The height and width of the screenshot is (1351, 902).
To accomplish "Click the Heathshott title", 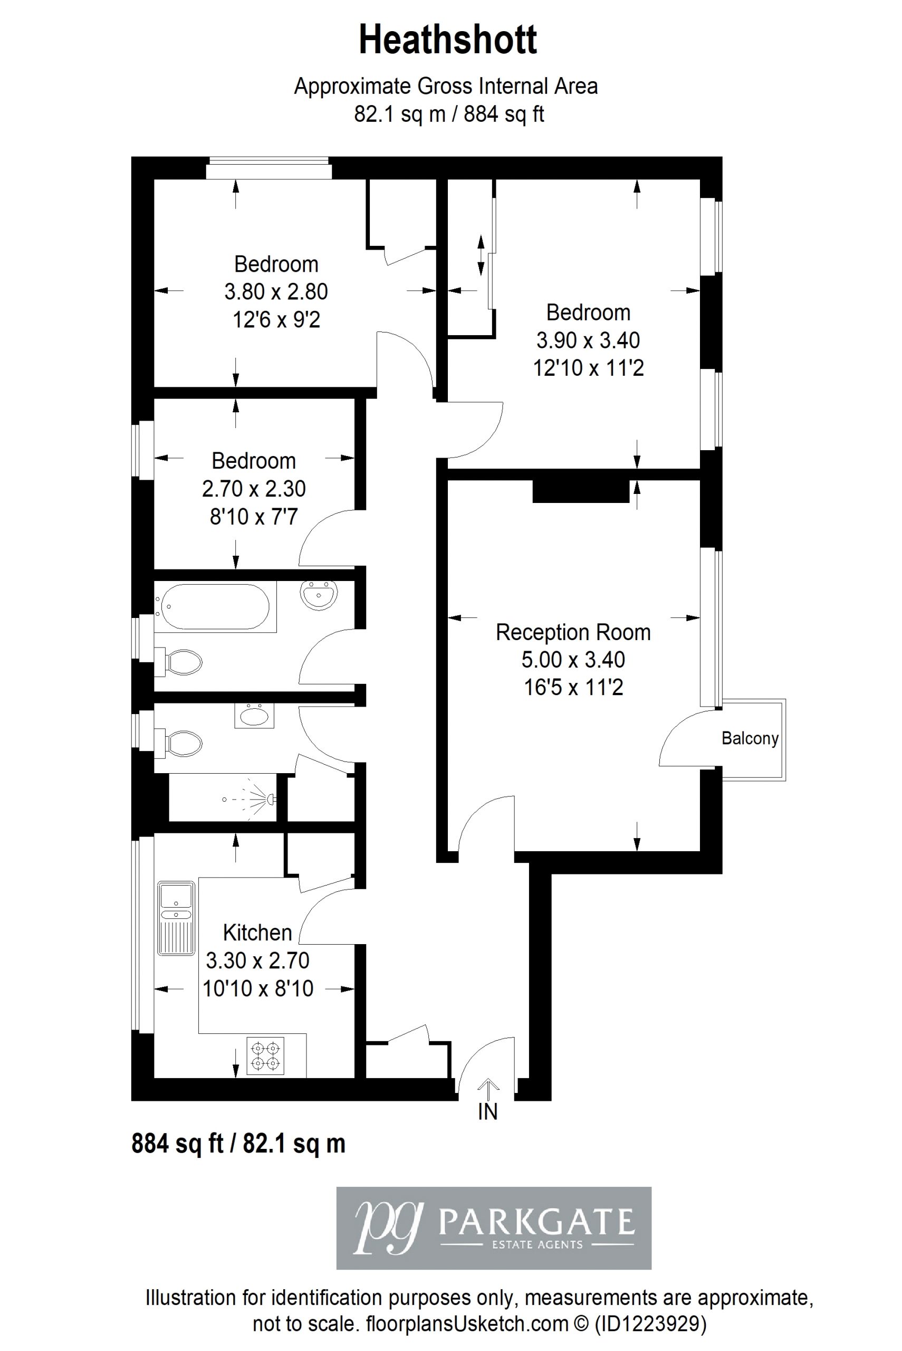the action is click(x=448, y=40).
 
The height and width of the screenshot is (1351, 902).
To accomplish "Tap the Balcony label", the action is click(x=750, y=738).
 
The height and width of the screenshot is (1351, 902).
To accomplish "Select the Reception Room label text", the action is click(x=573, y=632).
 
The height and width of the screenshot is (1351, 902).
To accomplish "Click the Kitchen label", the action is click(x=258, y=932).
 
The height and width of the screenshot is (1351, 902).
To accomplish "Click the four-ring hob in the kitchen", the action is click(x=265, y=1055).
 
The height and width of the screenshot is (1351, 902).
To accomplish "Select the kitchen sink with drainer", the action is click(x=176, y=918).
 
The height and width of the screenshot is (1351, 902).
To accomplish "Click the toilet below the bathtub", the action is click(x=179, y=661).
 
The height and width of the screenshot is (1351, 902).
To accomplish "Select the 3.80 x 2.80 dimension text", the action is click(x=276, y=292).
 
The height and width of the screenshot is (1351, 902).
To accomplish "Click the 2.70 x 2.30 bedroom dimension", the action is click(x=254, y=489).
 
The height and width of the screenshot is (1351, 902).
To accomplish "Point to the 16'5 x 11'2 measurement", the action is click(x=573, y=687).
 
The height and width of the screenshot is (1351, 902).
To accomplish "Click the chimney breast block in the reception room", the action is click(x=580, y=491).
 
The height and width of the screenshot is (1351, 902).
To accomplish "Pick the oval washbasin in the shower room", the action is click(x=254, y=716).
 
